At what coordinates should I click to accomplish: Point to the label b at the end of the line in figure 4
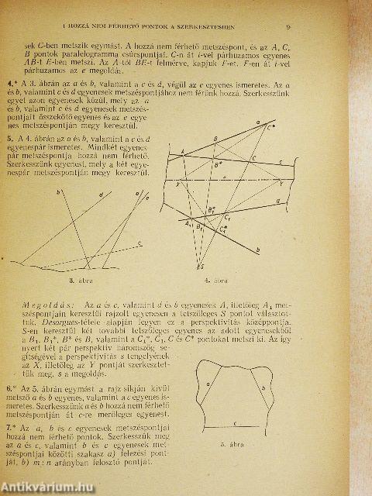coord(257,250)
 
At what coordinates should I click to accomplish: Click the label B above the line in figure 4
coord(215,138)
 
